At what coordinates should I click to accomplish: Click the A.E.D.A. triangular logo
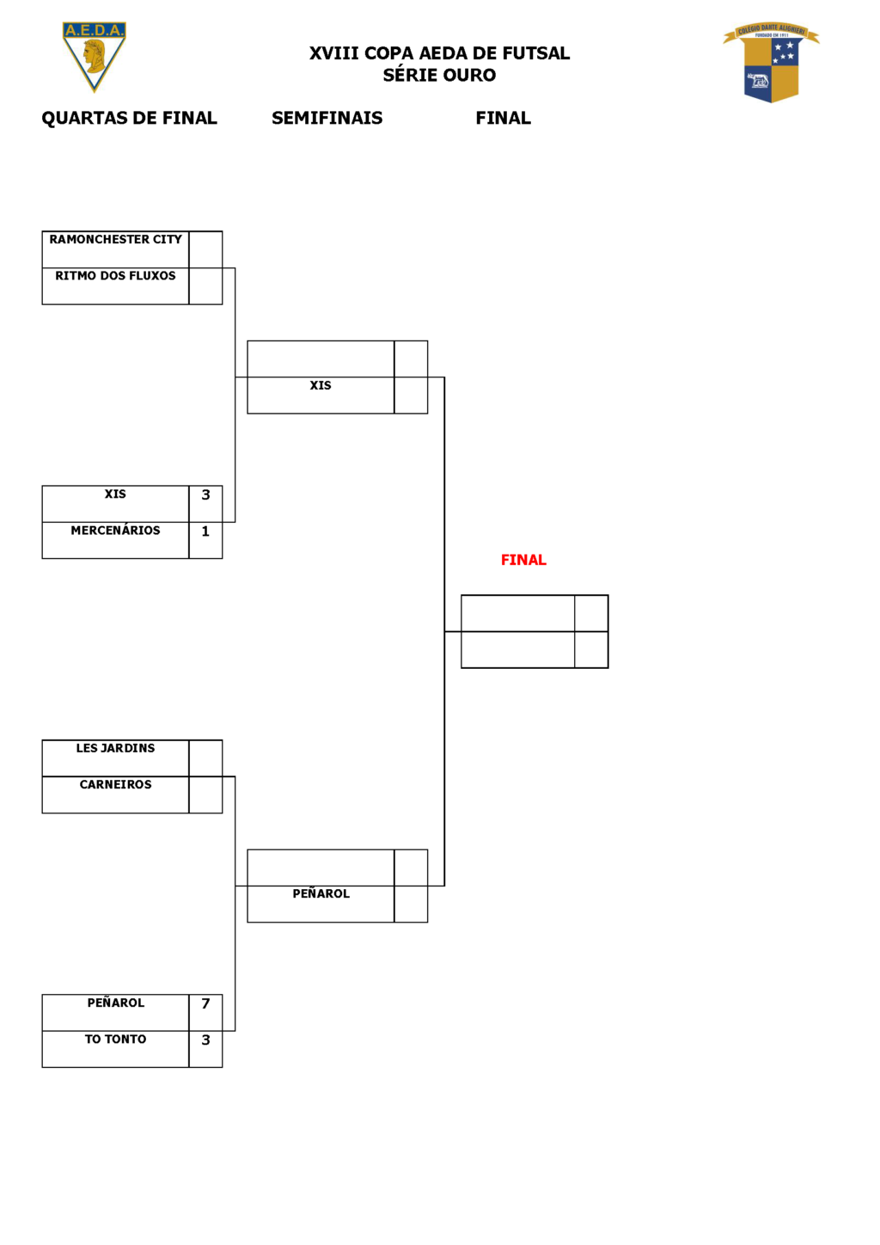coord(94,56)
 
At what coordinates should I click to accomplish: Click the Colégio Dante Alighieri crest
coord(771,63)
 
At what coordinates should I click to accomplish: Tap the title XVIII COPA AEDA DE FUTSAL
coord(439,53)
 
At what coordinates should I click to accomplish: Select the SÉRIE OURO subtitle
coord(439,75)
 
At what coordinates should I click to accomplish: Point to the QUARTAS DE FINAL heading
coord(130,119)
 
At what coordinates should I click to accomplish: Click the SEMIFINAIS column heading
coord(327,118)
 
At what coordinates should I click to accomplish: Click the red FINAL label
coord(523,560)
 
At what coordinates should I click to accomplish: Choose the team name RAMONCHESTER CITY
coord(115,240)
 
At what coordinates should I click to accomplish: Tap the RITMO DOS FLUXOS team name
coord(115,276)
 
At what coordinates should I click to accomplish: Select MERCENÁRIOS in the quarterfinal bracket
coord(115,530)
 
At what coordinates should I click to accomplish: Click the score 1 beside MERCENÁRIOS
coord(205,531)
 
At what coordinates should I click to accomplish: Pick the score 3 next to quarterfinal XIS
coord(205,494)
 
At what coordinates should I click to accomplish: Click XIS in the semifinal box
coord(321,385)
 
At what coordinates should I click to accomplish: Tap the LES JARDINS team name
coord(115,748)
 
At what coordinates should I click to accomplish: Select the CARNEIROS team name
coord(115,784)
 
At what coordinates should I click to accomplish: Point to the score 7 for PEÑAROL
coord(205,1003)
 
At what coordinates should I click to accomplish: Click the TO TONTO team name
coord(115,1039)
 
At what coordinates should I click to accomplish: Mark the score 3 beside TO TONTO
coord(205,1040)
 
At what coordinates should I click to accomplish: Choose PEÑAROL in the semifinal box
coord(321,893)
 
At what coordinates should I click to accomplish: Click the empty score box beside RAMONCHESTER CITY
coord(205,249)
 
